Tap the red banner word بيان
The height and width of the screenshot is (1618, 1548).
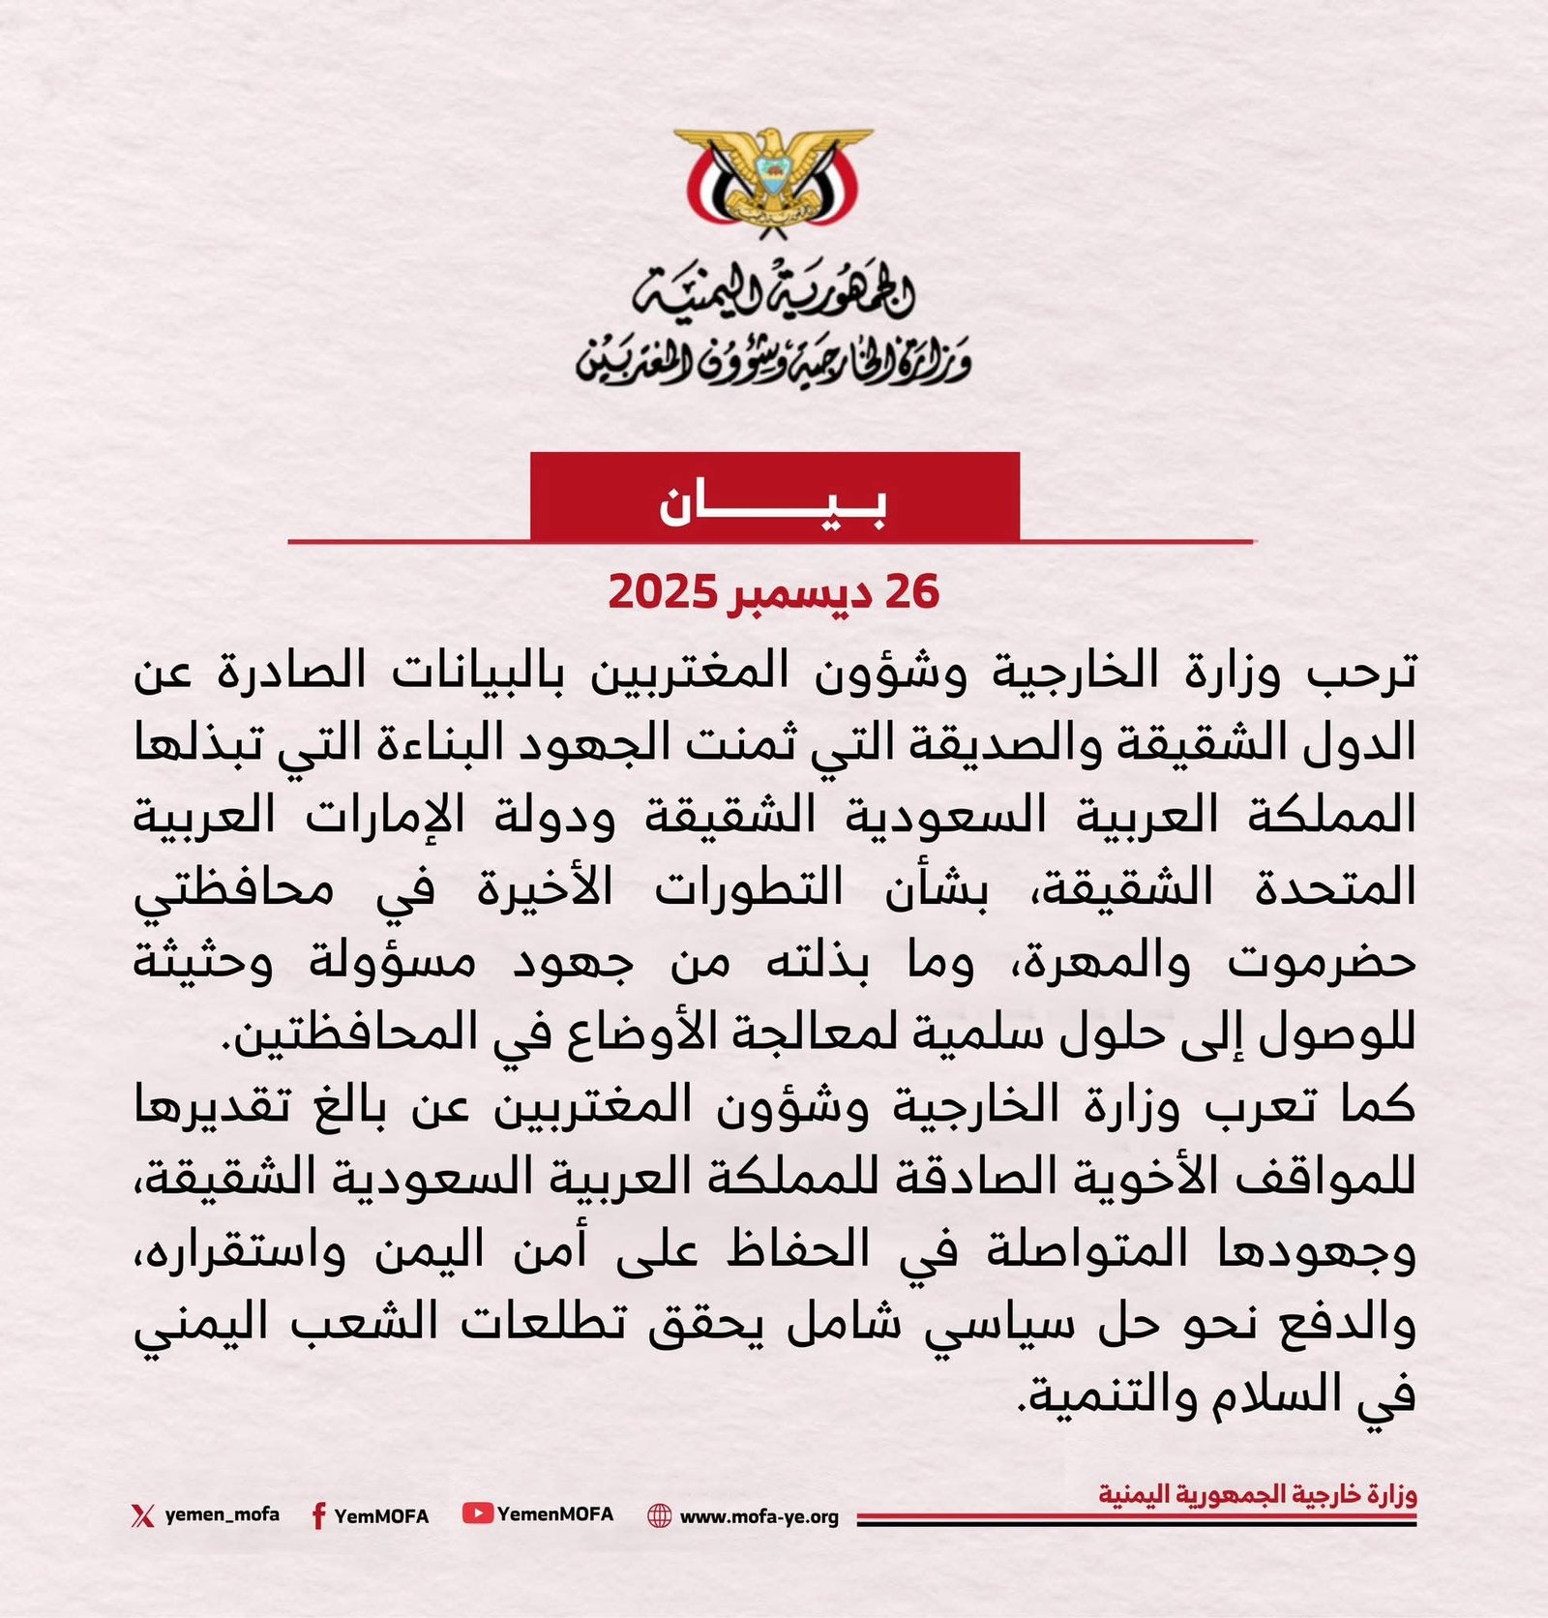pyautogui.click(x=774, y=504)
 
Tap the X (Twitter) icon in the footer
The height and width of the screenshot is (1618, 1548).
pyautogui.click(x=142, y=1514)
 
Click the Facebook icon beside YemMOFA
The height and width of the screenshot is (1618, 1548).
pyautogui.click(x=317, y=1515)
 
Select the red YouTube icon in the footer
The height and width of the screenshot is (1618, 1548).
pyautogui.click(x=478, y=1513)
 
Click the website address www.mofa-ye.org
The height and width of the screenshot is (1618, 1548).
pyautogui.click(x=759, y=1516)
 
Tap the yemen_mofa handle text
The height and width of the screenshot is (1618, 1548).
pyautogui.click(x=222, y=1514)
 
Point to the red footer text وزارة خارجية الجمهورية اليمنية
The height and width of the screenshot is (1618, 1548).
pyautogui.click(x=1257, y=1494)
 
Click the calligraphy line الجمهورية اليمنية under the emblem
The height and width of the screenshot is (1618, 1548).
pyautogui.click(x=774, y=292)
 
